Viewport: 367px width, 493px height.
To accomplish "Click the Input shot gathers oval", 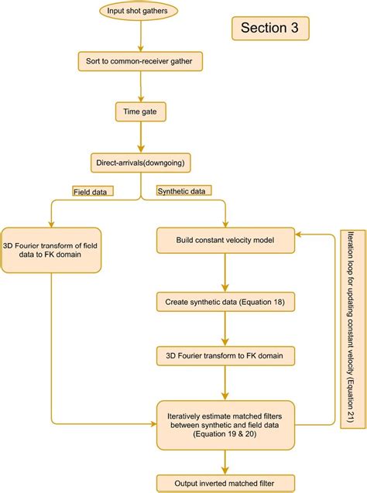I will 140,11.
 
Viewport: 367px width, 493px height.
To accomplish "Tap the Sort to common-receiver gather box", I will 140,60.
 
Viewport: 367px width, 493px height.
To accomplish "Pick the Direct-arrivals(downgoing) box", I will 139,163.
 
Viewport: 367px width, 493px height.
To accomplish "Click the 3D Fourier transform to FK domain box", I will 225,356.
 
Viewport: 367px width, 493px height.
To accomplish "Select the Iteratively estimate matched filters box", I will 225,424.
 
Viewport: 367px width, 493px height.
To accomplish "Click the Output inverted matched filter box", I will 225,482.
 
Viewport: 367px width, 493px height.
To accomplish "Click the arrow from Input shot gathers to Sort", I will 140,36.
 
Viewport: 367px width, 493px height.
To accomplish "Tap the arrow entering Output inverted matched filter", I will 225,461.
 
